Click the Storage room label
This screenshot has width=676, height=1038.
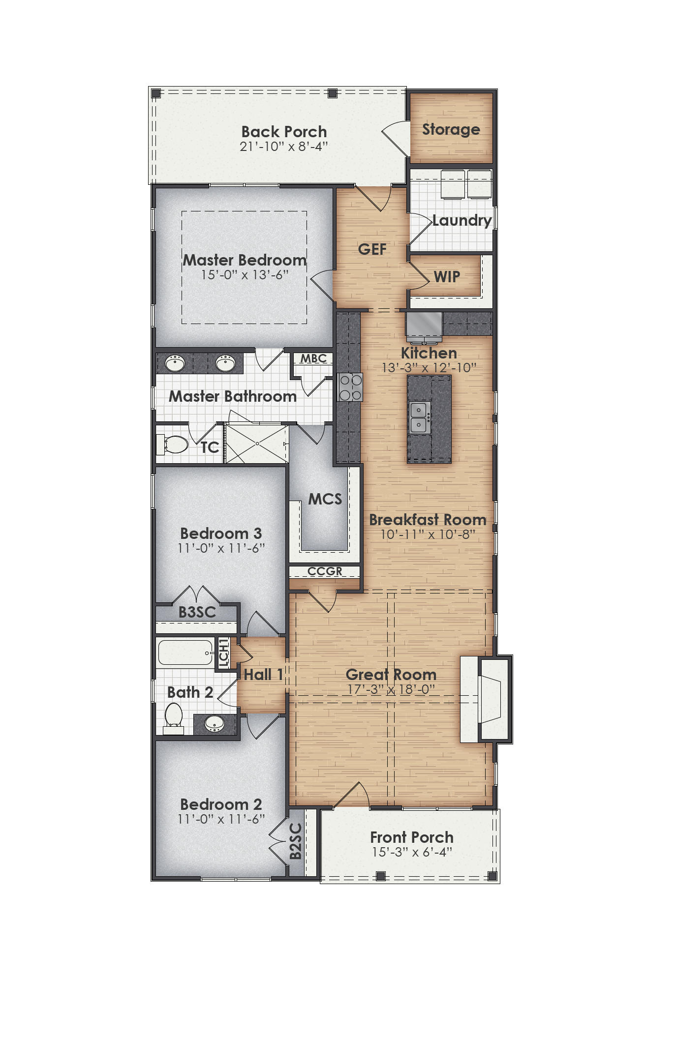tap(451, 129)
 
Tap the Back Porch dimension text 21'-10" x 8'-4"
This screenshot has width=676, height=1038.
tap(284, 147)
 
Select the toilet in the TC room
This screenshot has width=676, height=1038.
tap(174, 445)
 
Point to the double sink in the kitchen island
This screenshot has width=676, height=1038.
tap(419, 417)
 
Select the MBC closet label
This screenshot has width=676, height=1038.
tap(313, 358)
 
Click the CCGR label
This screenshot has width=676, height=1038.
tap(325, 571)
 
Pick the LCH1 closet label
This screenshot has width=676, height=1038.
tap(223, 652)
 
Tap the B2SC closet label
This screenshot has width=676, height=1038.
tap(296, 841)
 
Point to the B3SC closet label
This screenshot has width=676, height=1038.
tap(197, 612)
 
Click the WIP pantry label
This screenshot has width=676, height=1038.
tap(447, 277)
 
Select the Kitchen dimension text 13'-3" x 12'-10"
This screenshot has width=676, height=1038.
tap(429, 367)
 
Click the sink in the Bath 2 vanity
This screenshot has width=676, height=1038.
tap(214, 723)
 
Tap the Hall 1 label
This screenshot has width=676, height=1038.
tap(263, 675)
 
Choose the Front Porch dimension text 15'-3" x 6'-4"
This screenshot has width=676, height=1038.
tap(412, 852)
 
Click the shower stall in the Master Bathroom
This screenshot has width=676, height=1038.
tap(257, 444)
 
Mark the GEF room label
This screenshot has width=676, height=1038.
tap(372, 249)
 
